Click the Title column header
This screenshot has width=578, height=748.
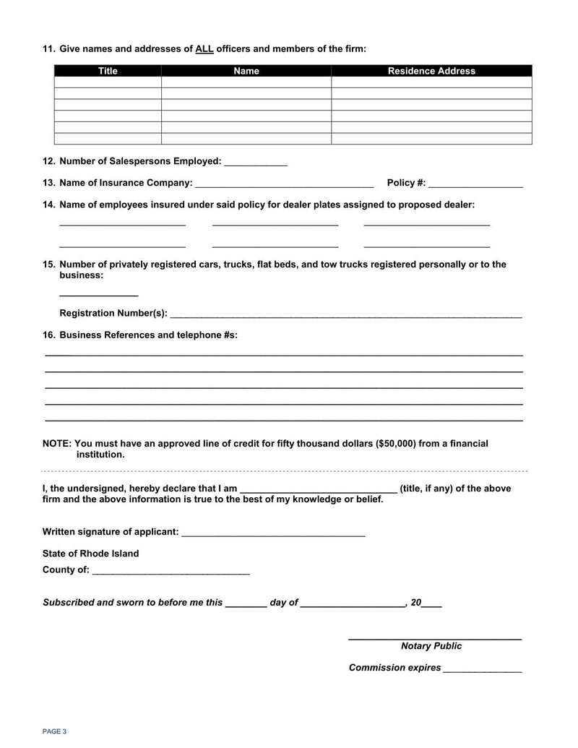pos(108,71)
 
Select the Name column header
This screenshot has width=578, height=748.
pos(246,71)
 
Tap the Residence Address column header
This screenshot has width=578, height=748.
pos(431,71)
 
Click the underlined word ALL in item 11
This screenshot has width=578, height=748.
pos(204,49)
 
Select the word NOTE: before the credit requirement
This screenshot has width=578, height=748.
pos(56,444)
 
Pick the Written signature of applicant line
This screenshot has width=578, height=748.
pos(273,533)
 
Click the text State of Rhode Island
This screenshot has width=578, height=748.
pos(91,554)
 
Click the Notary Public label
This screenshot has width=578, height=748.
pos(431,646)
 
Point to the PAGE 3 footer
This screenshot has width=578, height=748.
pos(54,731)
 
